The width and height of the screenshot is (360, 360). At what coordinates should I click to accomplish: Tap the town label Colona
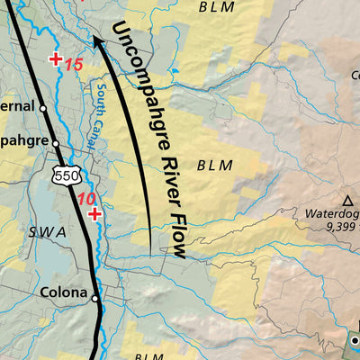point(63,292)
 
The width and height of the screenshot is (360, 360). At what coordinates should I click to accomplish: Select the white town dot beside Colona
point(94,293)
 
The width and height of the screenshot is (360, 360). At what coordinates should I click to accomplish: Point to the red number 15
point(74,65)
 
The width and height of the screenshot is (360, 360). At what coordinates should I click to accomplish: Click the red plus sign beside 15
point(56,60)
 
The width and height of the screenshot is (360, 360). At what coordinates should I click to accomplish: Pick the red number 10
point(86,199)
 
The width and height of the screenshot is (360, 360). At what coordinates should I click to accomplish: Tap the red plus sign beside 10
point(94,214)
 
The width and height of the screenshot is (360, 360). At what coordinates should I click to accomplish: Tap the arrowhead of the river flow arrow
point(95,40)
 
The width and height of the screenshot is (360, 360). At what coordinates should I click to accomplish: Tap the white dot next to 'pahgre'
point(55,143)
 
